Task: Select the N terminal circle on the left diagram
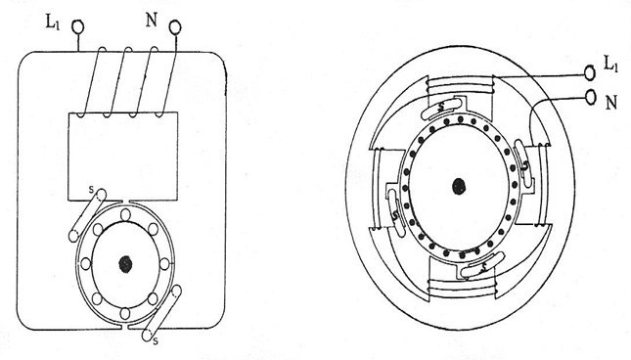click(176, 28)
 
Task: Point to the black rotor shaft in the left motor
click(125, 262)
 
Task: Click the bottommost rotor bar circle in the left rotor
click(126, 313)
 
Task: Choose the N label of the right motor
click(609, 100)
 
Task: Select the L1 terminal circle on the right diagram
click(590, 71)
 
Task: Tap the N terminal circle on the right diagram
click(590, 98)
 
